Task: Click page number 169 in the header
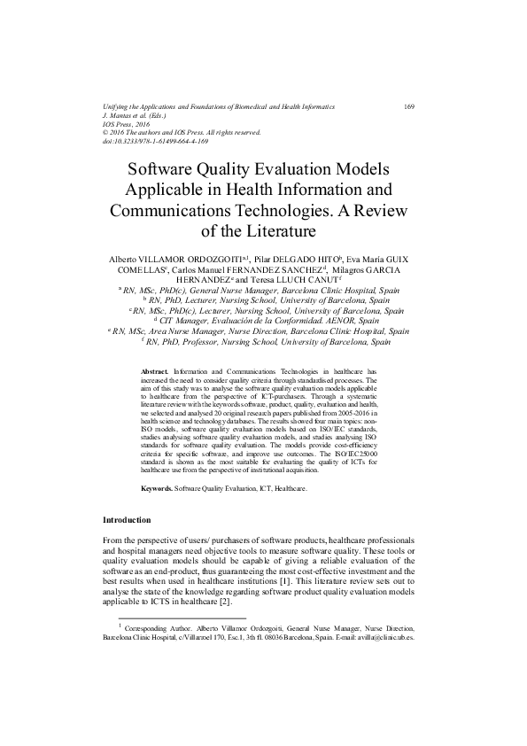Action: tap(409, 106)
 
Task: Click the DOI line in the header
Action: tap(156, 141)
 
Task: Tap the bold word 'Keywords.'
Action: tap(157, 488)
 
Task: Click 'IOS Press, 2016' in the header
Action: tap(129, 124)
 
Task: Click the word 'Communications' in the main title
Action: tap(182, 211)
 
